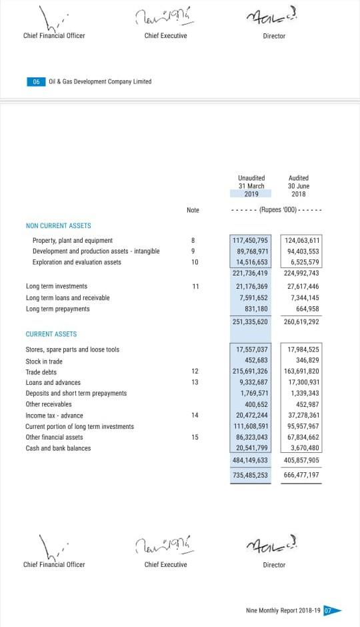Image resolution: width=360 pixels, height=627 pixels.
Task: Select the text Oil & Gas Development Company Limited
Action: pos(100,81)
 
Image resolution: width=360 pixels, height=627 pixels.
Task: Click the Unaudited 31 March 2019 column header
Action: pos(251,186)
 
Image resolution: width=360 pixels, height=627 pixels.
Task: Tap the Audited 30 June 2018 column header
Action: pos(299,186)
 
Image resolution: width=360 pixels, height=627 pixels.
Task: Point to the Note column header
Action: pos(193,210)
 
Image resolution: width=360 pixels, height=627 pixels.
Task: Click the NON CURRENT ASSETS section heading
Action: pos(58,226)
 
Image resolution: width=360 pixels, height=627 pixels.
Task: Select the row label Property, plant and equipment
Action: pos(73,240)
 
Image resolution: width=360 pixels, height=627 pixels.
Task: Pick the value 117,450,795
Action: pos(251,240)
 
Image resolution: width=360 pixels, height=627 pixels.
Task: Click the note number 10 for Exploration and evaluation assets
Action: pos(194,262)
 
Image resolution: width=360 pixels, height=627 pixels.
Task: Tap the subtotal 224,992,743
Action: pos(301,273)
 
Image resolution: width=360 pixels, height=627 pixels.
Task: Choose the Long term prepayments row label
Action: pos(57,309)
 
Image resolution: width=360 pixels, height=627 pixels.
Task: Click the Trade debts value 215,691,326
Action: pos(251,371)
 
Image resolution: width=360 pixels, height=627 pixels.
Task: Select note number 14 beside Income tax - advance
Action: pos(194,415)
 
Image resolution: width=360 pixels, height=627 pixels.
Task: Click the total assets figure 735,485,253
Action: pos(251,475)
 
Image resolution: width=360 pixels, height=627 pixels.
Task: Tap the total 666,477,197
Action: pos(301,475)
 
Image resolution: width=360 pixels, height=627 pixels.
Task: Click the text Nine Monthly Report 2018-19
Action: pos(283,610)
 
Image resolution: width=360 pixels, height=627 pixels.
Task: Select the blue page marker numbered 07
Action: pos(328,610)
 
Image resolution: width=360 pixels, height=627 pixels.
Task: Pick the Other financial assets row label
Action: pos(54,437)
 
